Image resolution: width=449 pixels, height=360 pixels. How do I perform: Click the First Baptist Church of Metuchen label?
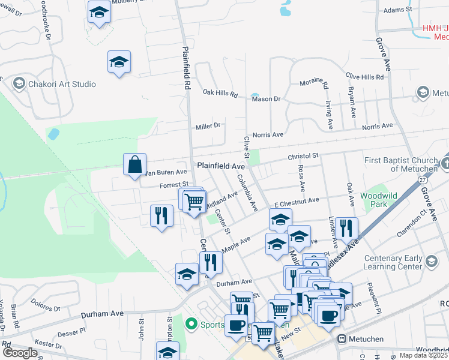tap(403, 164)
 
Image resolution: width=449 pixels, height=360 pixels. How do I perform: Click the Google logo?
tap(20, 352)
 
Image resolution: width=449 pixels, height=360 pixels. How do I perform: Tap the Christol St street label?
tap(303, 156)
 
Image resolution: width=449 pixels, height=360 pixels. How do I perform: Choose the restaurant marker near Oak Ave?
tap(346, 228)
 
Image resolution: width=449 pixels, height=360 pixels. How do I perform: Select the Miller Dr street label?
tap(208, 126)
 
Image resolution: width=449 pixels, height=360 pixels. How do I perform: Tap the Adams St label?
tap(398, 10)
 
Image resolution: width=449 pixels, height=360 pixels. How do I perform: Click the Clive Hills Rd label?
tap(364, 77)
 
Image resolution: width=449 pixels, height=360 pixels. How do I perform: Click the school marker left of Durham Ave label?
tap(187, 274)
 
